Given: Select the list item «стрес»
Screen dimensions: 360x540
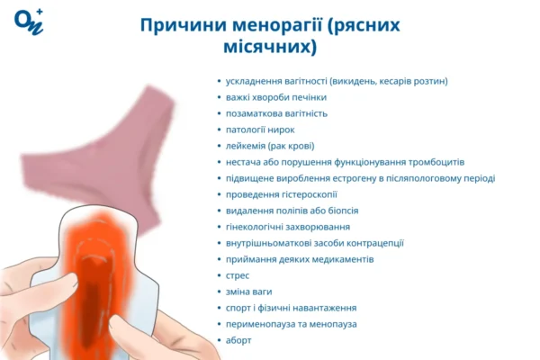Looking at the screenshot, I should tap(238, 274).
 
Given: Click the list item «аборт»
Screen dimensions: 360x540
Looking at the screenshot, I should tap(239, 339).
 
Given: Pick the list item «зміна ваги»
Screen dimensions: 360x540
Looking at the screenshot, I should tap(249, 291).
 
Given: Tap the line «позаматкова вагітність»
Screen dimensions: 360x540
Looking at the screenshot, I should tap(276, 113).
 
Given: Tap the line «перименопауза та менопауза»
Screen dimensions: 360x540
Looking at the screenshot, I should tap(292, 323).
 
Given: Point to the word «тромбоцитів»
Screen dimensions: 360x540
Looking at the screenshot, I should tap(436, 162).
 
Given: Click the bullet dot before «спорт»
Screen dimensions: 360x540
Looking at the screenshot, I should tap(219, 308).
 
